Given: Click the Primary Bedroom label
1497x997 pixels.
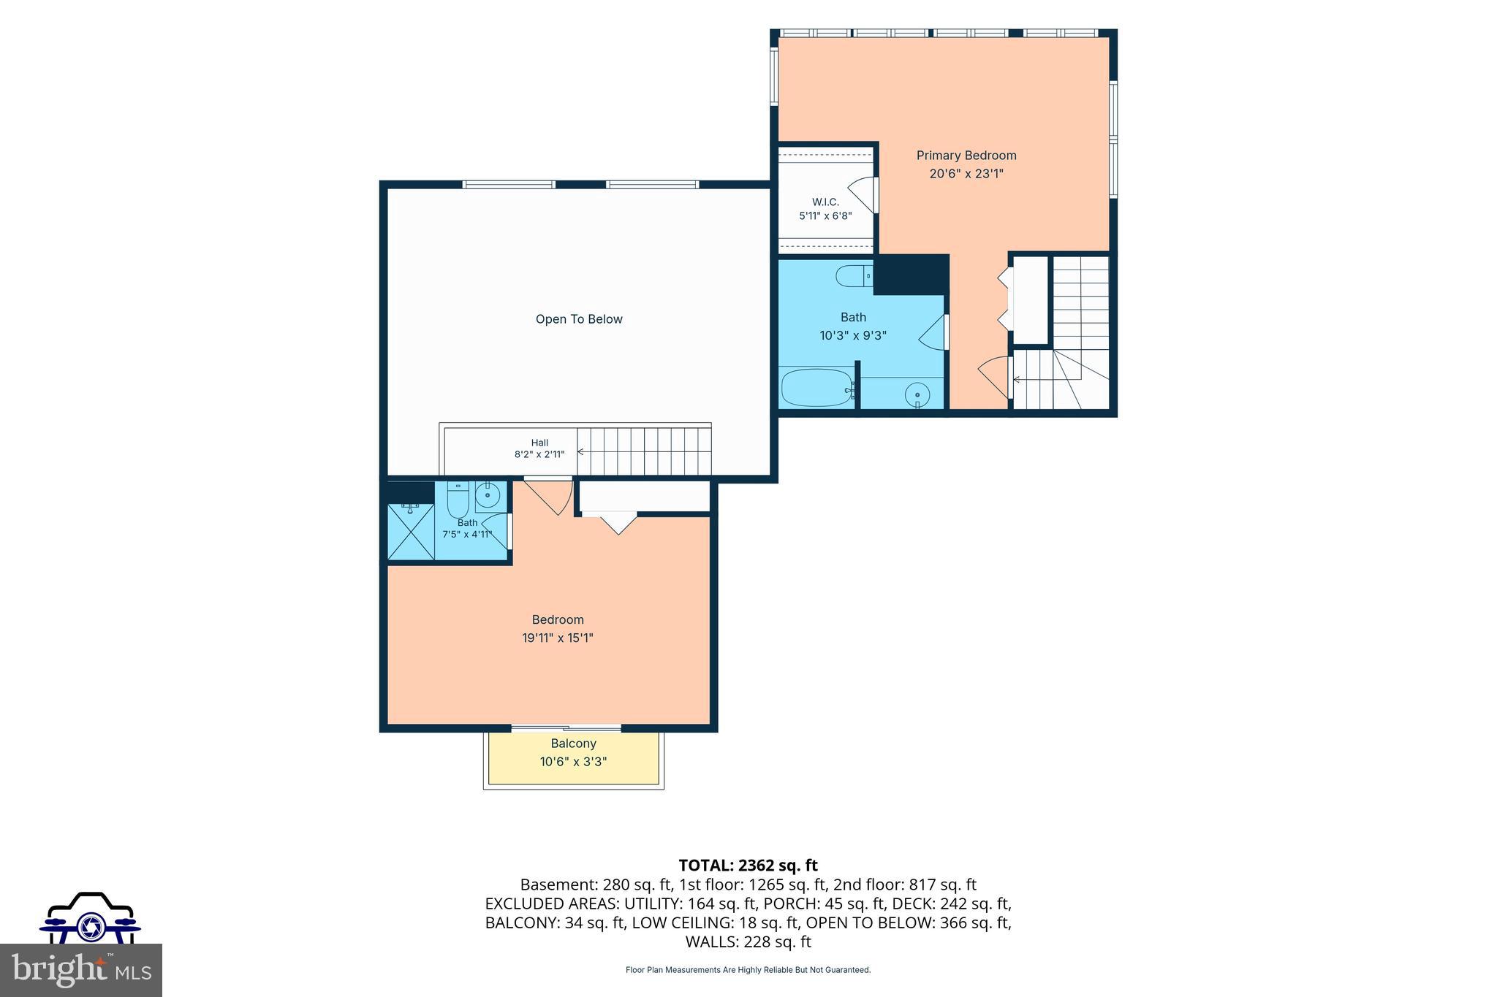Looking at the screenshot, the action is click(966, 156).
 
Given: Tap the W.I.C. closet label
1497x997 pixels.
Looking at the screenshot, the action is click(825, 202).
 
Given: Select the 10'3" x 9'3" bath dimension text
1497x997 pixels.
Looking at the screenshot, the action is click(853, 336).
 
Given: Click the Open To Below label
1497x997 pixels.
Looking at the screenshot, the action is click(579, 319).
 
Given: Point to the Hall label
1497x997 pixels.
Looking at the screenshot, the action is click(539, 443).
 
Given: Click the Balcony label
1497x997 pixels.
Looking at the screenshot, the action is click(574, 744).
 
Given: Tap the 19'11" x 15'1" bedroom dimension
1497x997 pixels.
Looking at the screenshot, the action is click(558, 638).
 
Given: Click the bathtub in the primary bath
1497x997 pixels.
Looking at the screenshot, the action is click(817, 388).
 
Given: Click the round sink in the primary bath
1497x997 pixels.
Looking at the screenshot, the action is click(917, 395).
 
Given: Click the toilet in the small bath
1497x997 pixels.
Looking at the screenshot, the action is click(458, 500).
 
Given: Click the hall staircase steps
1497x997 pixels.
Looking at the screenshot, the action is click(644, 451).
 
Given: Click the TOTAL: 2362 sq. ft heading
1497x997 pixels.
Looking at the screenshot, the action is click(748, 866).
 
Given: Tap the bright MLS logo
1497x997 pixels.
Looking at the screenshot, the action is click(81, 970).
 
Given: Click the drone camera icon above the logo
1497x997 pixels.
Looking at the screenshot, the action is click(90, 919).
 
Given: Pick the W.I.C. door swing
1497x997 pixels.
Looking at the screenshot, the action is click(863, 194).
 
